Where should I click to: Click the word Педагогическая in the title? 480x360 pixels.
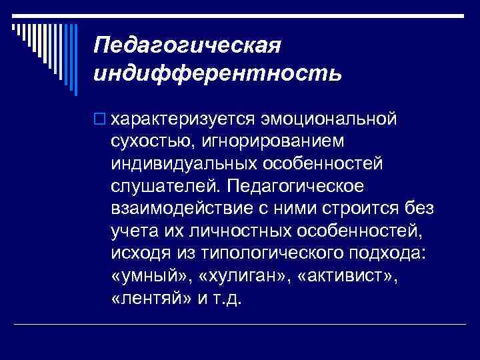pos(189,47)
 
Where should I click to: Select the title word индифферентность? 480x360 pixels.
pos(218,72)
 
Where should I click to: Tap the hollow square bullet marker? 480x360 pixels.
pos(99,119)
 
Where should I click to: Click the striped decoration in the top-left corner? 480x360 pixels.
pos(37,40)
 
